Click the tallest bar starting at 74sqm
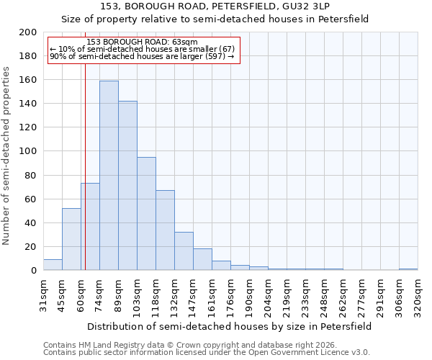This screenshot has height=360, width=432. click(x=109, y=176)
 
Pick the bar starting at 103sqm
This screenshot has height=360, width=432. click(x=146, y=214)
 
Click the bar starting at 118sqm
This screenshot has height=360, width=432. click(x=165, y=230)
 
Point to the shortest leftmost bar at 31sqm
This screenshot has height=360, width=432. click(x=53, y=265)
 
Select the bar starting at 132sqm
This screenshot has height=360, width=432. click(x=184, y=251)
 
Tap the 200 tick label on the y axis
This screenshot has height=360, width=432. click(x=28, y=32)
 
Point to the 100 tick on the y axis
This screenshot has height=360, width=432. click(x=28, y=151)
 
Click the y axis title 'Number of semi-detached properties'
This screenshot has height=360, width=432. click(x=7, y=156)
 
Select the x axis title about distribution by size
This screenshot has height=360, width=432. click(x=230, y=326)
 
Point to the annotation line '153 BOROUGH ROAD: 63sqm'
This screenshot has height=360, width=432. click(x=142, y=42)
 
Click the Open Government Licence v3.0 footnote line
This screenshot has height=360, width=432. click(x=207, y=353)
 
